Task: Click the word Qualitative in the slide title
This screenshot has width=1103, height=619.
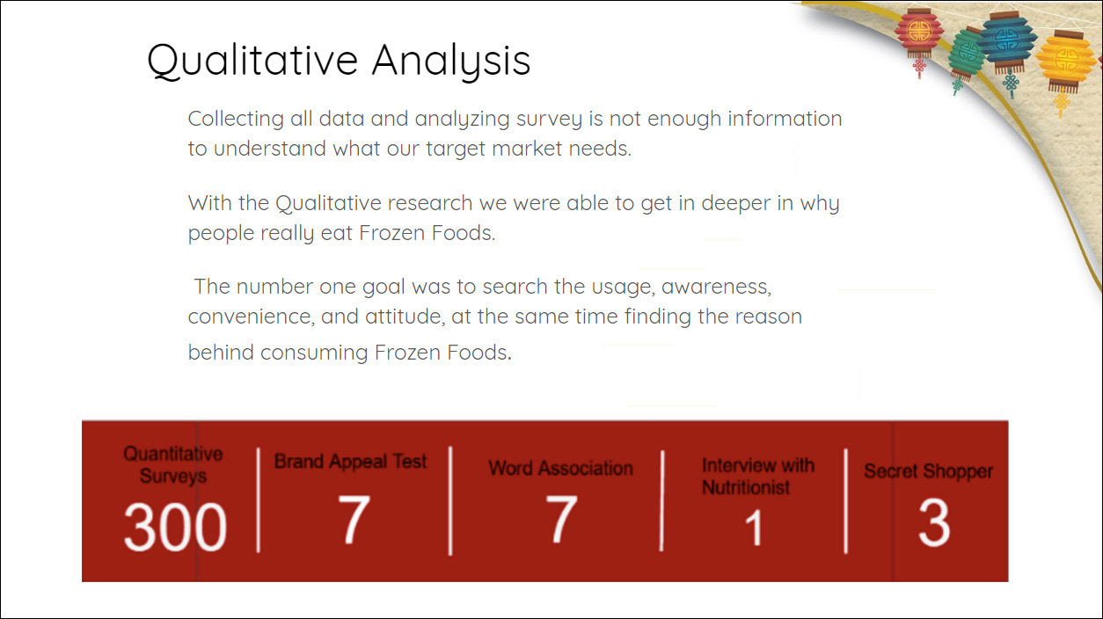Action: (252, 61)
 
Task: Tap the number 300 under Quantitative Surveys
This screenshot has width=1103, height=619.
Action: (175, 527)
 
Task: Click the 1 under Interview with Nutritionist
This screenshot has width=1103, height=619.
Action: (754, 528)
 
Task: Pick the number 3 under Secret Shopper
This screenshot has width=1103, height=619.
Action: (933, 522)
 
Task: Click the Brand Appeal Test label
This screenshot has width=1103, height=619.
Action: (350, 462)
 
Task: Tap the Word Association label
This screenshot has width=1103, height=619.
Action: (561, 468)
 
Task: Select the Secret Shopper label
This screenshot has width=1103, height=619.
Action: (928, 471)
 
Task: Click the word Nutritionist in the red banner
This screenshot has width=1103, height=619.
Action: (746, 487)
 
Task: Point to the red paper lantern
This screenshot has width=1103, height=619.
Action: (919, 34)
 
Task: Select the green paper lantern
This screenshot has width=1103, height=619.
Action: (965, 55)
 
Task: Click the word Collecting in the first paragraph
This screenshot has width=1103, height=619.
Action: (236, 119)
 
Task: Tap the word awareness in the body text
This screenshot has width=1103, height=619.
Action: (716, 287)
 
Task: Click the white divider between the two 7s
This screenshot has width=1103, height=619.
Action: (450, 500)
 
